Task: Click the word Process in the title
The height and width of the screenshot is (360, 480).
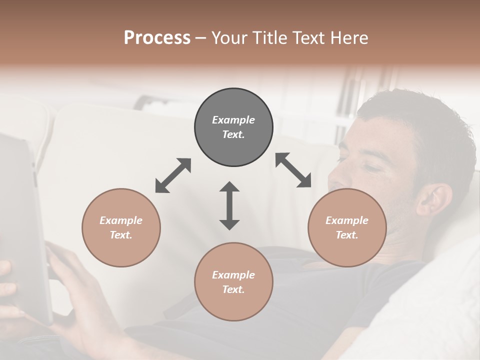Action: click(157, 38)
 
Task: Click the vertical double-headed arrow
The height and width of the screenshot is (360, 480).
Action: click(229, 205)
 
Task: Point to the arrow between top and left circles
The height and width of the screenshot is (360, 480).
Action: click(173, 175)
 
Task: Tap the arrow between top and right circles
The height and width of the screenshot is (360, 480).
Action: click(293, 170)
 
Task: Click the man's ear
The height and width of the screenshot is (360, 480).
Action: click(431, 200)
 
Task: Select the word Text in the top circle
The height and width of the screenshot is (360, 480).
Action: click(233, 134)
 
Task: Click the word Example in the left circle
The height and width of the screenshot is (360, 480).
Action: click(121, 220)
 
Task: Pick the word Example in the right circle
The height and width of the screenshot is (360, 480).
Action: click(347, 220)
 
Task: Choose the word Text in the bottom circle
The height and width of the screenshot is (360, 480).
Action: click(233, 289)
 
